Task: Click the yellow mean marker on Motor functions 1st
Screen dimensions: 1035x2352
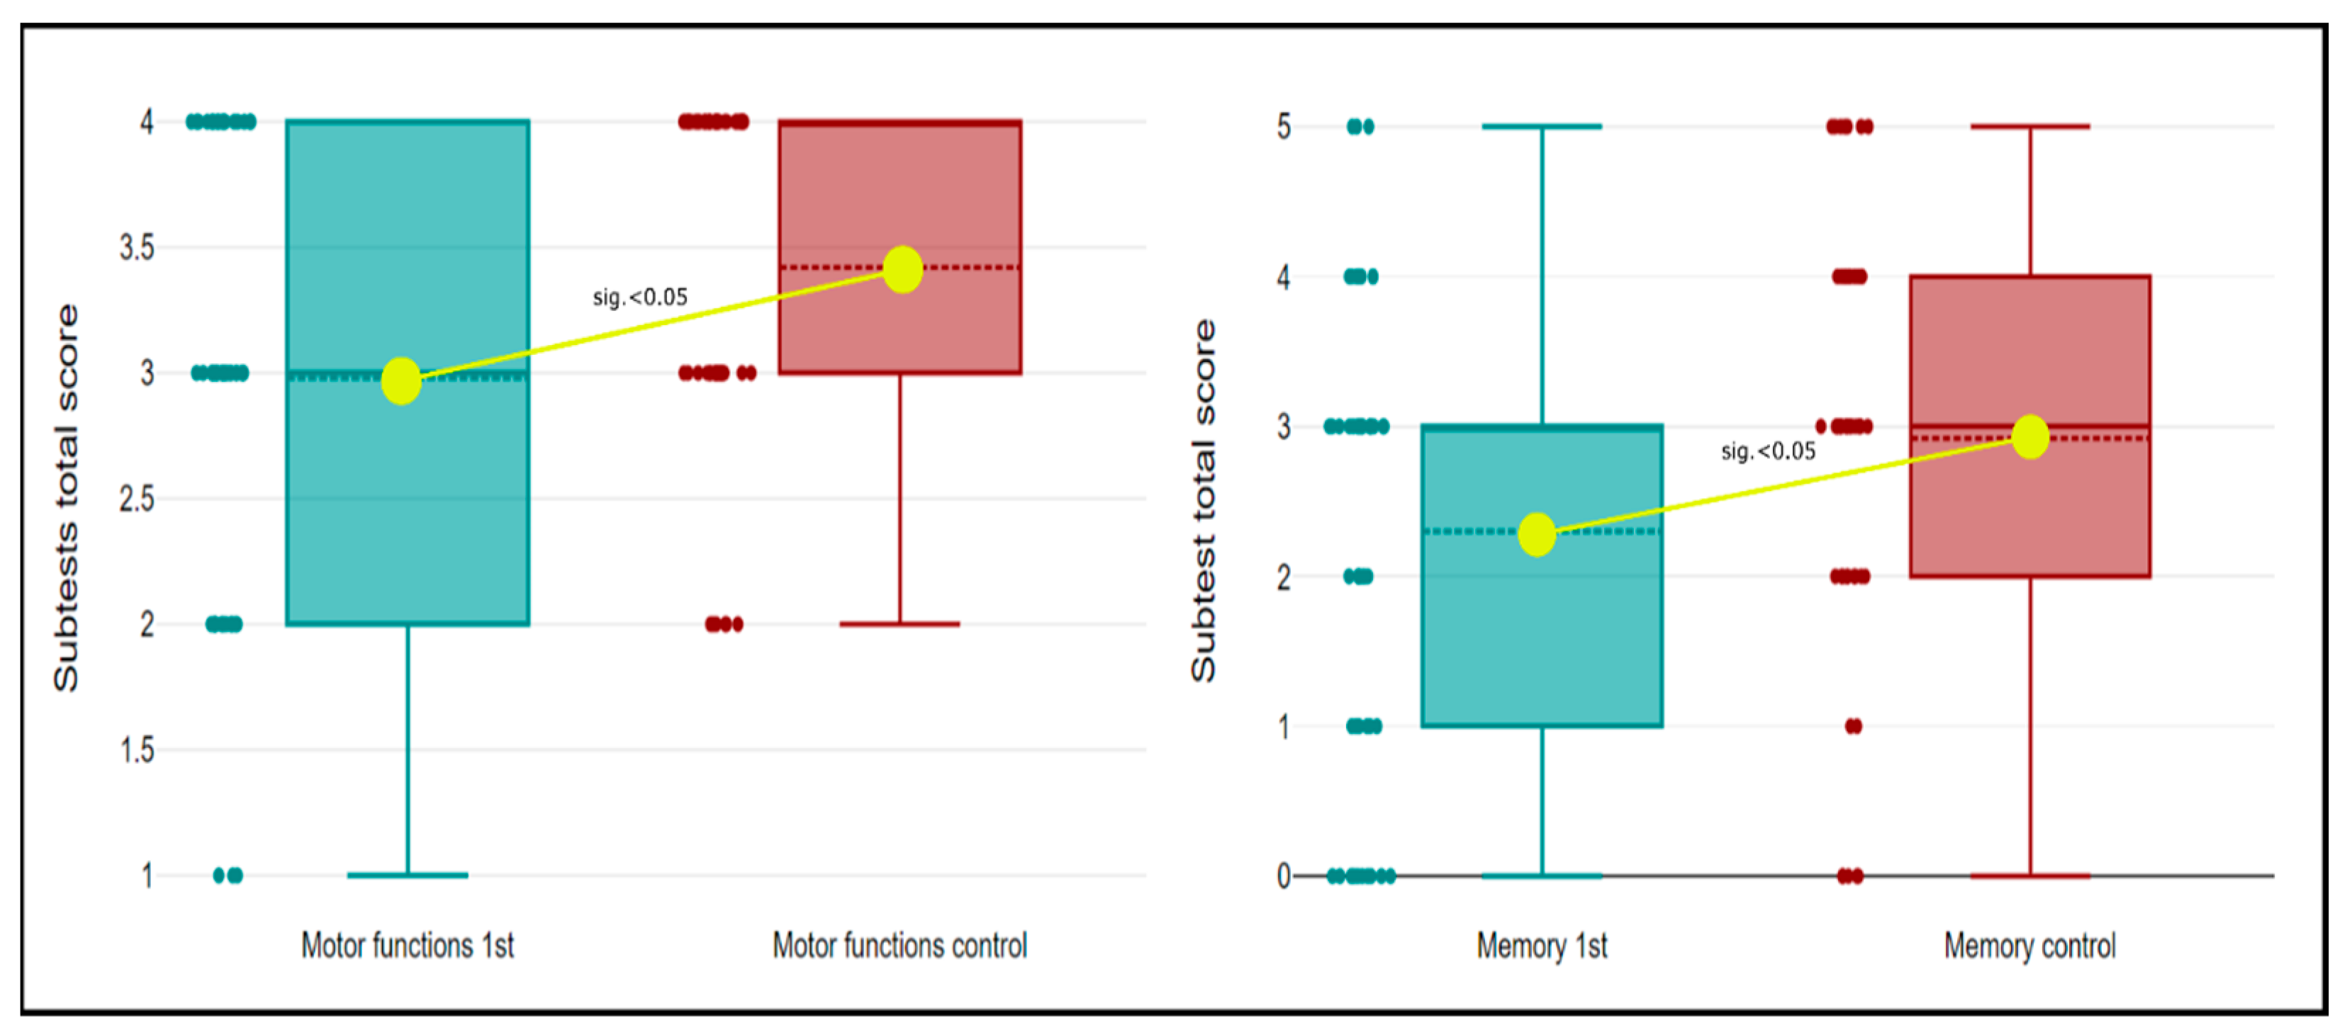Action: [x=401, y=380]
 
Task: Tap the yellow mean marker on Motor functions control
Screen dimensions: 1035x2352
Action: [x=903, y=269]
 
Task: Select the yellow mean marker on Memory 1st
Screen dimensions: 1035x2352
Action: [x=1537, y=534]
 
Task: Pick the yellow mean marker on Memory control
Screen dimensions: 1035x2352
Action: [x=2031, y=436]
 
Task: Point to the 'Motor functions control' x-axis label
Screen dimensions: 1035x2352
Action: [x=900, y=946]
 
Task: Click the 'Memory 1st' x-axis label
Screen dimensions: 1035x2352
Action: [x=1542, y=946]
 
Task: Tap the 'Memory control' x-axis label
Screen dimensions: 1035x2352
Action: [x=2029, y=946]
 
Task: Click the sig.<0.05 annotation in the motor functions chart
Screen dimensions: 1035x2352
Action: [x=640, y=297]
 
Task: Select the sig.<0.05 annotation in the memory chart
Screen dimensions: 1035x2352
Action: [x=1769, y=451]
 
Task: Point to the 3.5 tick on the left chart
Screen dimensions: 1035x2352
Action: [x=137, y=247]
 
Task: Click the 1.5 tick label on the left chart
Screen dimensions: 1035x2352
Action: [x=137, y=750]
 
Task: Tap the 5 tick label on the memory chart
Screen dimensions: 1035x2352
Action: [x=1284, y=127]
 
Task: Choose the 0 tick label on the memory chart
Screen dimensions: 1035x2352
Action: [x=1284, y=876]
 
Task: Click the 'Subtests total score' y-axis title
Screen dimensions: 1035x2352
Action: [x=66, y=497]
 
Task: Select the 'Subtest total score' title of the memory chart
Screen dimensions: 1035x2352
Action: [x=1204, y=500]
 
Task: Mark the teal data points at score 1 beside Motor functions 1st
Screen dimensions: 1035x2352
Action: [x=228, y=876]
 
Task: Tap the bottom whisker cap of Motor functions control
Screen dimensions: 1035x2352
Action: [x=900, y=624]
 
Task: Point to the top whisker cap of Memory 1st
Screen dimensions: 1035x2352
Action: [x=1542, y=127]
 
